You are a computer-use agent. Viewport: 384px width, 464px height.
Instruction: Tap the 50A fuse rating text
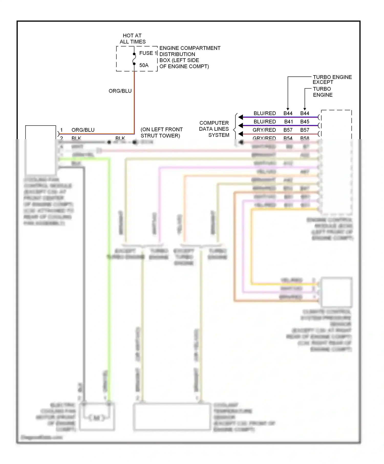click(x=144, y=65)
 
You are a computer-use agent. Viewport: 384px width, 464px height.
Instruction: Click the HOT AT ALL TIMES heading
click(x=133, y=39)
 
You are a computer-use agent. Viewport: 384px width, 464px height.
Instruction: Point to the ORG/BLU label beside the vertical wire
click(x=120, y=91)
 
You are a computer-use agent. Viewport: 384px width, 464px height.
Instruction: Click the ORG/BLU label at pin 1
click(x=83, y=130)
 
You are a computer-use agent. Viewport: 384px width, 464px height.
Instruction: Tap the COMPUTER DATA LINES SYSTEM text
click(x=214, y=129)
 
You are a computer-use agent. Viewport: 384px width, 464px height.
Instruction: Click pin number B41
click(x=289, y=122)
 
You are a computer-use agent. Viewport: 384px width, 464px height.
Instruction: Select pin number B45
click(x=305, y=122)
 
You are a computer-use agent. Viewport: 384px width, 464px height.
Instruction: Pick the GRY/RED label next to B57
click(x=264, y=130)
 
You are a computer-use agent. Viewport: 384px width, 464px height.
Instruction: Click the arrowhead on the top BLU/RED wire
click(x=241, y=117)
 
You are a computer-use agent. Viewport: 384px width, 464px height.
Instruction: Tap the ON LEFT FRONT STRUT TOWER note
click(x=161, y=132)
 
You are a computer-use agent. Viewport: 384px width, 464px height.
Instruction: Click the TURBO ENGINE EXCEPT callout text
click(x=332, y=80)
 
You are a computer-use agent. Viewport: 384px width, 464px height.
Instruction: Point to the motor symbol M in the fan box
click(x=97, y=418)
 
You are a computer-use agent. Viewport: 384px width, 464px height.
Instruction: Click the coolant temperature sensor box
click(x=172, y=417)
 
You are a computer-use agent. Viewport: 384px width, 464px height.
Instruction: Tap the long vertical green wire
click(x=109, y=281)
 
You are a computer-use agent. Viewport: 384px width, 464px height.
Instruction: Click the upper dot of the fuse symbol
click(x=134, y=54)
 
